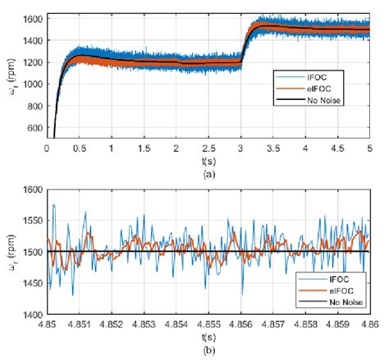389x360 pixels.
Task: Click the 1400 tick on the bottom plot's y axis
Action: coord(30,315)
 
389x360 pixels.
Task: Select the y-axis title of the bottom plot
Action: coord(9,252)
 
